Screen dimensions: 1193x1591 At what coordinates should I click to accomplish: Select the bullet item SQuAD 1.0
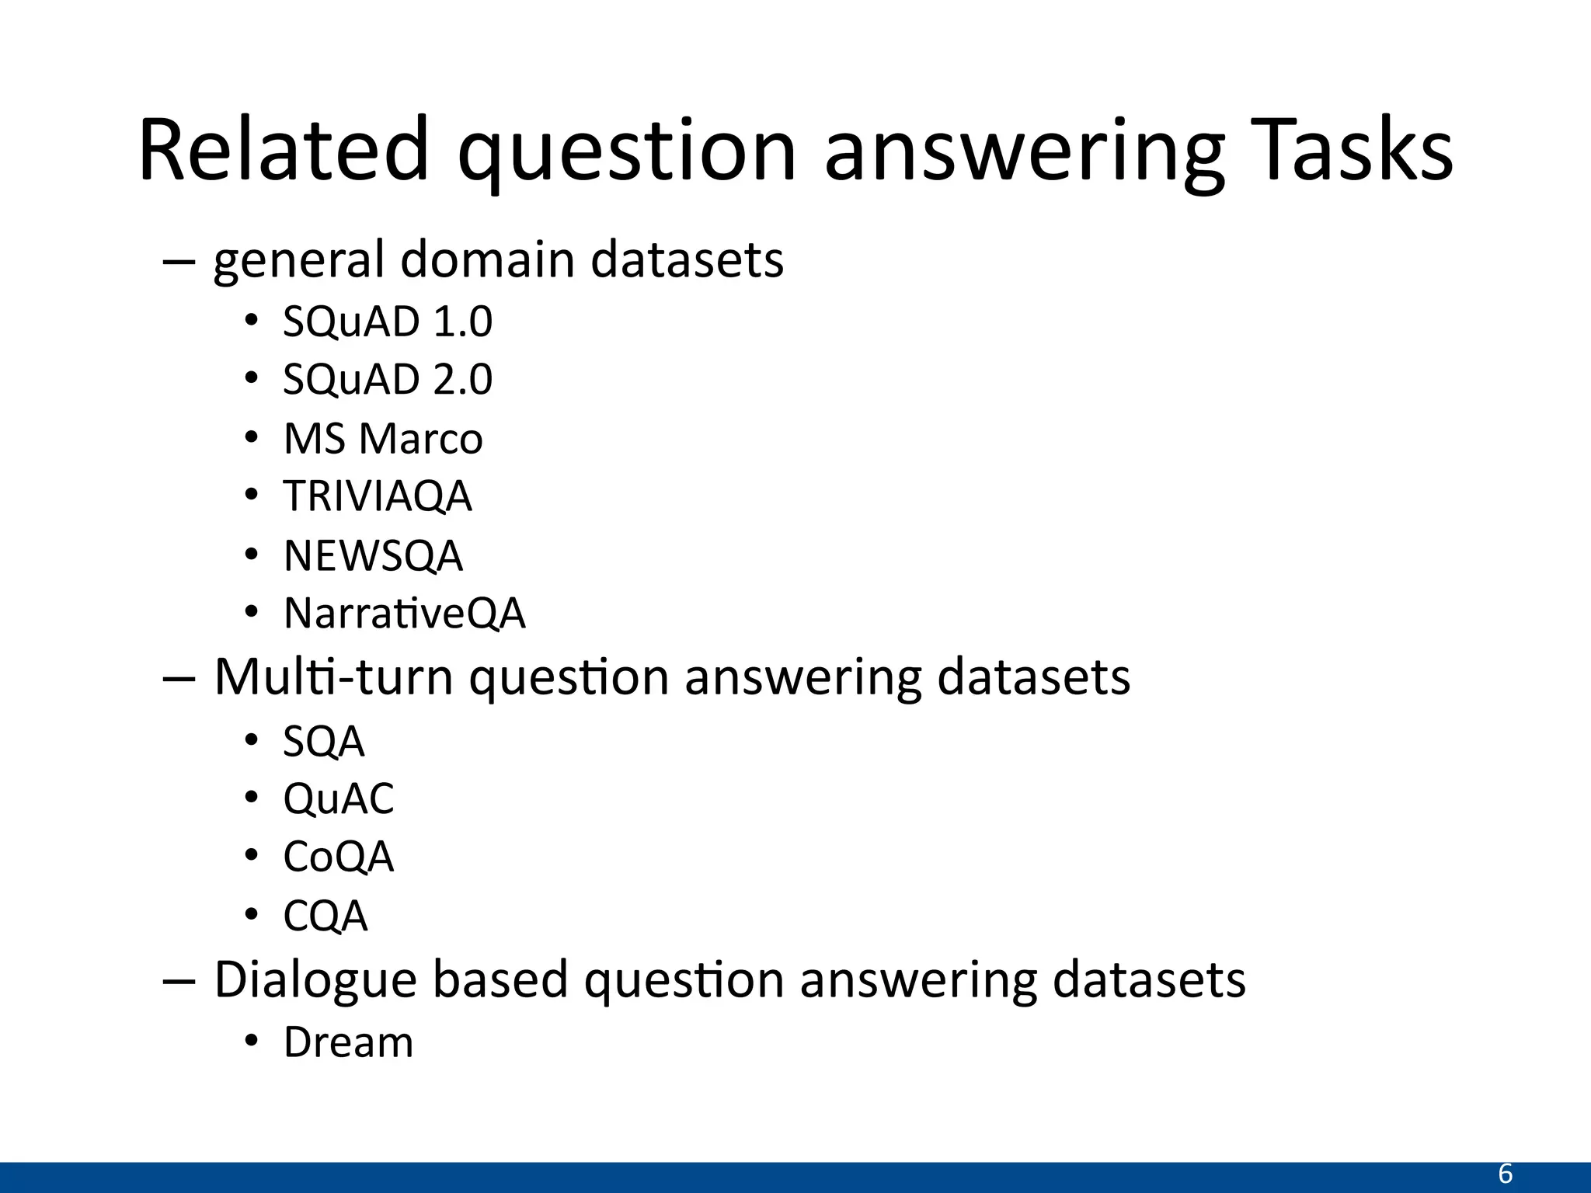pos(388,321)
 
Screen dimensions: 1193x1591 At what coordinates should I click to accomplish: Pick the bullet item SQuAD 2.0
pos(388,379)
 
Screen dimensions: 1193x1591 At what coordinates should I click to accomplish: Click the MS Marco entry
pos(383,438)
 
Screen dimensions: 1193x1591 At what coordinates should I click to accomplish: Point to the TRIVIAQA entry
pos(378,496)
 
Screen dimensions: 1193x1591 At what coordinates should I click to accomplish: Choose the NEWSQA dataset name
pos(373,555)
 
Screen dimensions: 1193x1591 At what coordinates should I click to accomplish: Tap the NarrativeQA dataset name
pos(405,613)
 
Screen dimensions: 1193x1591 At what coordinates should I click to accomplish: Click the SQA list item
pos(324,741)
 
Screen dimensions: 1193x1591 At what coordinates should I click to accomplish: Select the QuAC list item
pos(339,798)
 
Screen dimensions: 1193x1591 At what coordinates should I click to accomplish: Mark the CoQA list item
pos(339,857)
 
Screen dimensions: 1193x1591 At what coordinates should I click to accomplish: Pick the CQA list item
pos(326,916)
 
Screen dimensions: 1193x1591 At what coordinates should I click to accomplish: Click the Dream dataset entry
pos(348,1042)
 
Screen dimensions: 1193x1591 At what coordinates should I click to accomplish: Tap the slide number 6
pos(1505,1174)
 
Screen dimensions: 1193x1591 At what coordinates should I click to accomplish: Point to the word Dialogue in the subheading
pos(315,979)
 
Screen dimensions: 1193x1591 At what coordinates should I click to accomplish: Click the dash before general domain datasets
pos(178,262)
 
